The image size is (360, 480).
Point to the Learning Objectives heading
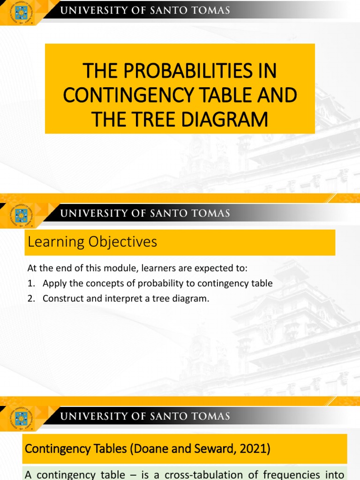click(92, 242)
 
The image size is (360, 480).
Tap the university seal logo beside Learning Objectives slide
click(22, 216)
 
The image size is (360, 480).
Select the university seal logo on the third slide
click(22, 418)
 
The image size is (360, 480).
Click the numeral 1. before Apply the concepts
click(31, 284)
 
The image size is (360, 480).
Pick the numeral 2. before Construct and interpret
click(31, 299)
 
